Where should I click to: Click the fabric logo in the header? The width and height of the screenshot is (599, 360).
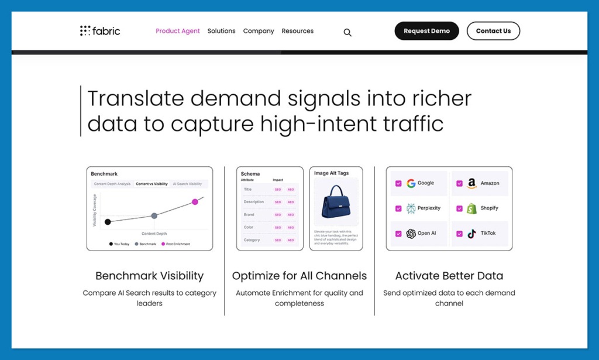(x=100, y=31)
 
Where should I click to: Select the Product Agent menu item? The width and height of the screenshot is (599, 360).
(x=178, y=31)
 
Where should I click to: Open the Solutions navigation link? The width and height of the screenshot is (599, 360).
(x=221, y=31)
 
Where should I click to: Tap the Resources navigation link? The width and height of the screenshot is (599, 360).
(x=297, y=31)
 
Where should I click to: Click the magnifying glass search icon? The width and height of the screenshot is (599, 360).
(x=347, y=33)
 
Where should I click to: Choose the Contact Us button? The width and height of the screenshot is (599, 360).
(x=493, y=31)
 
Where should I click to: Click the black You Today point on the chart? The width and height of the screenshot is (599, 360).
(x=108, y=222)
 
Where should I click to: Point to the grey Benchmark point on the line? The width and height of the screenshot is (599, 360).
(x=154, y=215)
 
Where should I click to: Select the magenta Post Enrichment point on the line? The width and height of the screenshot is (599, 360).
(x=195, y=202)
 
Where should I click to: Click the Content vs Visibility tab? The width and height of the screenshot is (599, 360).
(x=152, y=184)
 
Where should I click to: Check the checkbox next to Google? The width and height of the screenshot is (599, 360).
(x=398, y=183)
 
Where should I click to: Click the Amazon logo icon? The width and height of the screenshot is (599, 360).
(x=471, y=183)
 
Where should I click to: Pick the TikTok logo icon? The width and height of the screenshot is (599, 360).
(x=471, y=234)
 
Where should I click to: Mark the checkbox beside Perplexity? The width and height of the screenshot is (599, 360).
(x=398, y=208)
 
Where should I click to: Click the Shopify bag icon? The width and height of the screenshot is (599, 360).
(x=471, y=208)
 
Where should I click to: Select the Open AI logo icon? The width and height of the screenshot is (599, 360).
(x=411, y=234)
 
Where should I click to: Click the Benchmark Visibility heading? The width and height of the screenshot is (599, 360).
(x=149, y=276)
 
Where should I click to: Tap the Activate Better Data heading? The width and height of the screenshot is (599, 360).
(x=449, y=276)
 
